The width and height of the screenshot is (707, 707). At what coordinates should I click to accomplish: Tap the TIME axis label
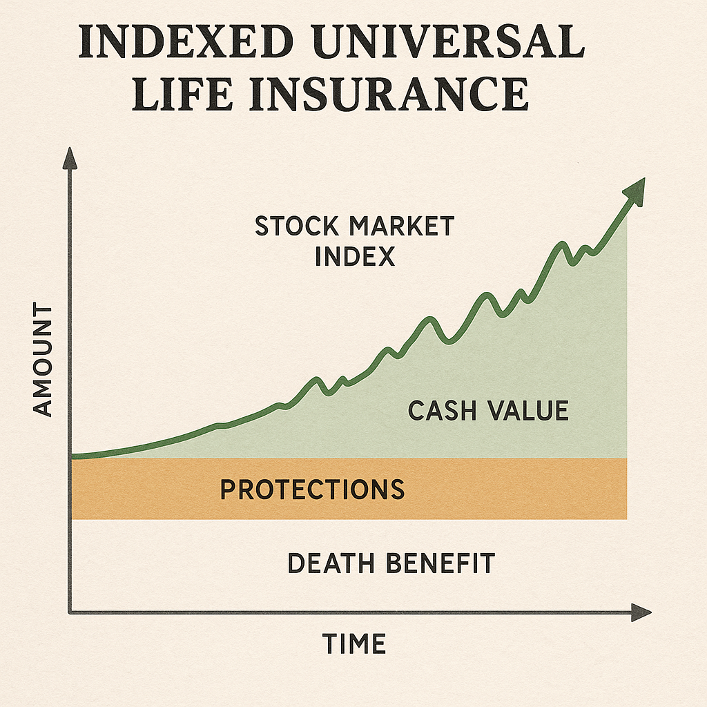pos(354,643)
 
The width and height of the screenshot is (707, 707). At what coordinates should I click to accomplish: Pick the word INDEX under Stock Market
pos(354,256)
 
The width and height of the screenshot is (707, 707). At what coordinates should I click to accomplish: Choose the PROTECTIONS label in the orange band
pos(312,490)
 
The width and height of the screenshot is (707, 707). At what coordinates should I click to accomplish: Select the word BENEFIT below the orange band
pos(442,563)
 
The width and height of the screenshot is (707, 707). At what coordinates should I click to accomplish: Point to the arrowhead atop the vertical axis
pos(70,159)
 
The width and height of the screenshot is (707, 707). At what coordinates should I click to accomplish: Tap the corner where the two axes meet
pos(70,612)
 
